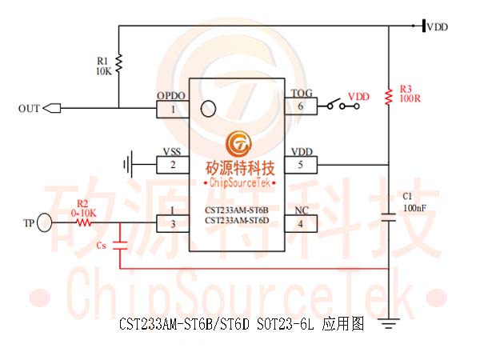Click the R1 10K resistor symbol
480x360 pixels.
pyautogui.click(x=118, y=63)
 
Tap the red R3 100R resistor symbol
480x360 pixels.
pyautogui.click(x=389, y=97)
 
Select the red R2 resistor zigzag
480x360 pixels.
pyautogui.click(x=84, y=222)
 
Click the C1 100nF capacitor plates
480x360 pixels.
pyautogui.click(x=389, y=218)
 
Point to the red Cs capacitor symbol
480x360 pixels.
pyautogui.click(x=120, y=246)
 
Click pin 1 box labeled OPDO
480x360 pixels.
pyautogui.click(x=173, y=109)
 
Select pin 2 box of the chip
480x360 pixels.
pyautogui.click(x=173, y=165)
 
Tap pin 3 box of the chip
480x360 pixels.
pyautogui.click(x=173, y=223)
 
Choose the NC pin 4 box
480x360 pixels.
pyautogui.click(x=301, y=223)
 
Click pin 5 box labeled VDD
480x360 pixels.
pyautogui.click(x=301, y=165)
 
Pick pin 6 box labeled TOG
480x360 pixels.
pyautogui.click(x=301, y=106)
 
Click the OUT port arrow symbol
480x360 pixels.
pyautogui.click(x=52, y=108)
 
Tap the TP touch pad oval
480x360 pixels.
pyautogui.click(x=44, y=222)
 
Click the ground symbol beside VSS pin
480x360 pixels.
pyautogui.click(x=128, y=164)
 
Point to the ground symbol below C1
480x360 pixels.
pyautogui.click(x=389, y=323)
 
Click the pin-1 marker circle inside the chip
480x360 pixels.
pyautogui.click(x=208, y=109)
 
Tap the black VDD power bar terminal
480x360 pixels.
pyautogui.click(x=424, y=26)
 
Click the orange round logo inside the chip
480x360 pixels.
pyautogui.click(x=238, y=144)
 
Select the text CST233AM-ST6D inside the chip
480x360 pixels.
pyautogui.click(x=237, y=221)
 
